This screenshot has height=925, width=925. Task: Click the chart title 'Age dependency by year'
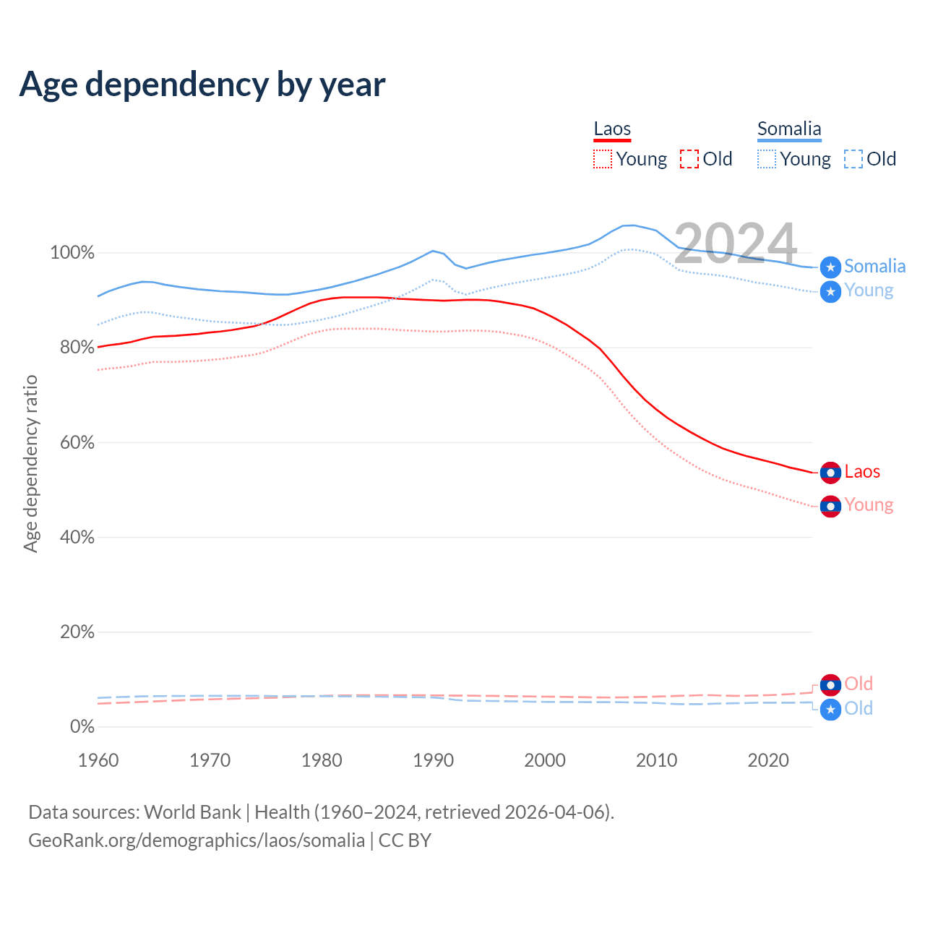pyautogui.click(x=202, y=85)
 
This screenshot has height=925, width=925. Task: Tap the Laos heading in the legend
pyautogui.click(x=612, y=129)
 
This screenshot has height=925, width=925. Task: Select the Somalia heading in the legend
pyautogui.click(x=789, y=129)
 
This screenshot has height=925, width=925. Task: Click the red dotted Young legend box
pyautogui.click(x=603, y=159)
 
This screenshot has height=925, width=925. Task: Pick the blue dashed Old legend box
pyautogui.click(x=853, y=159)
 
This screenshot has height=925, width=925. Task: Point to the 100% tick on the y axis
pyautogui.click(x=72, y=253)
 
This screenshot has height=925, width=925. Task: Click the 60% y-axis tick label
pyautogui.click(x=77, y=442)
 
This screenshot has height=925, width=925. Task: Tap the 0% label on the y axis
pyautogui.click(x=82, y=726)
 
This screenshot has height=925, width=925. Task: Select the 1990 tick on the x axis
pyautogui.click(x=433, y=760)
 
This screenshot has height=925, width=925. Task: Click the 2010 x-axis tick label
pyautogui.click(x=656, y=760)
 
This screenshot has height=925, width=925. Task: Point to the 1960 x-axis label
pyautogui.click(x=98, y=760)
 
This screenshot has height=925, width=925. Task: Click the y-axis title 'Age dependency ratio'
pyautogui.click(x=30, y=463)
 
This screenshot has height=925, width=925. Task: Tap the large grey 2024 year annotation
pyautogui.click(x=735, y=243)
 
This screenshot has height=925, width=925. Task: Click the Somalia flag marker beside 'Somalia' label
pyautogui.click(x=830, y=267)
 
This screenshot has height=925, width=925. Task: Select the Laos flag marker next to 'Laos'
pyautogui.click(x=830, y=473)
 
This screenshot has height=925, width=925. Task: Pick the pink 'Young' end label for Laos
pyautogui.click(x=869, y=505)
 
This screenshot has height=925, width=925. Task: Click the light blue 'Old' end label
pyautogui.click(x=859, y=708)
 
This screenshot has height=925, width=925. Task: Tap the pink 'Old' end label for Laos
pyautogui.click(x=859, y=684)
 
